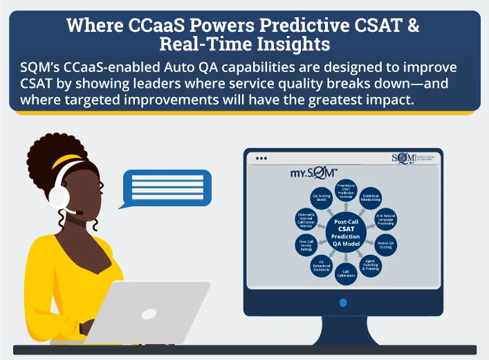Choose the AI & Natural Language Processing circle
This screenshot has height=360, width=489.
click(385, 219)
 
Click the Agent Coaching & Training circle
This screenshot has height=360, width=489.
click(371, 264)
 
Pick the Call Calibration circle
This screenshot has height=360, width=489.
click(346, 272)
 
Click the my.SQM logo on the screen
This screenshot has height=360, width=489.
click(313, 173)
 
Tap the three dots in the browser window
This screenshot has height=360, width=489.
click(261, 159)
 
